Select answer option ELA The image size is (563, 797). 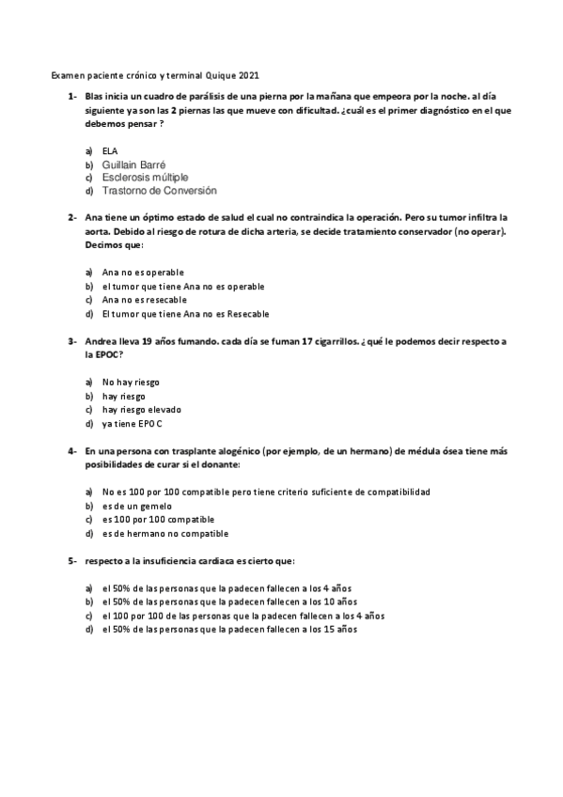(x=110, y=151)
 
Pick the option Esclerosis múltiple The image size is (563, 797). (x=145, y=177)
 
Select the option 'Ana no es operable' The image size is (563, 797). (x=143, y=273)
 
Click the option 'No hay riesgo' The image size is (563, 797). (x=131, y=383)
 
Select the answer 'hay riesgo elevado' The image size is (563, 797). (x=142, y=410)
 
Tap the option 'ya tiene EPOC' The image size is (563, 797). (x=133, y=424)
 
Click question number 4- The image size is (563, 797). (x=71, y=451)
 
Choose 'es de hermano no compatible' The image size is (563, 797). (x=164, y=534)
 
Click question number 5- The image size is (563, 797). (x=71, y=561)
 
